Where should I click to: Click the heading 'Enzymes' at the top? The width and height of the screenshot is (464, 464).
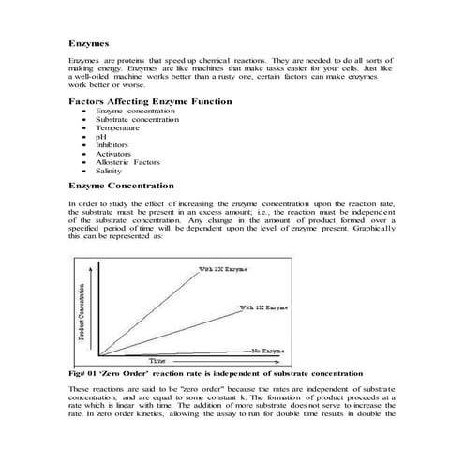[90, 42]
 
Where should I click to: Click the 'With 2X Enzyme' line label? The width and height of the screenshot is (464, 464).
[222, 269]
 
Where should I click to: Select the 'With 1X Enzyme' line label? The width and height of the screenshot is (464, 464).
[263, 307]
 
